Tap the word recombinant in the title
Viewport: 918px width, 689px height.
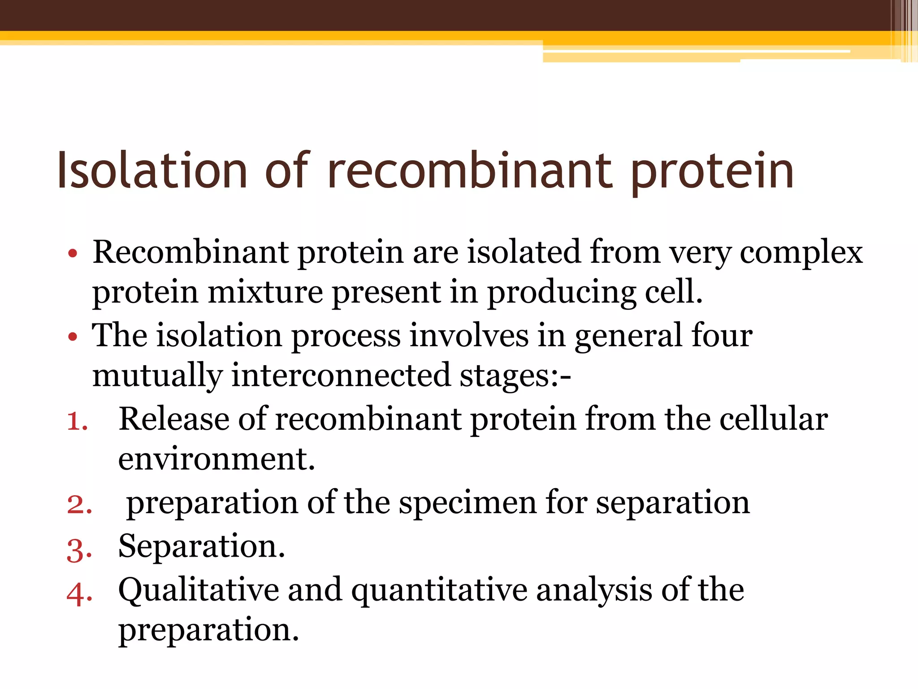(470, 170)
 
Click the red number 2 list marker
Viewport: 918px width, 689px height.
(79, 505)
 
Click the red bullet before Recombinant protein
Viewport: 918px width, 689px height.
(73, 254)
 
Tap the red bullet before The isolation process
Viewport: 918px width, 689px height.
(73, 337)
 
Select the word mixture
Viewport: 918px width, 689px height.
(265, 292)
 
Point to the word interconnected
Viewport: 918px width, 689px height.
(341, 375)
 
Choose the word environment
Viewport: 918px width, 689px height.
(216, 459)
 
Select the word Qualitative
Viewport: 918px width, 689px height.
(198, 590)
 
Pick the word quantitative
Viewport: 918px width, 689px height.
(439, 590)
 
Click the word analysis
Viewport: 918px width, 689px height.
(594, 590)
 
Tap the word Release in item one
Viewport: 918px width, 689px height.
(173, 419)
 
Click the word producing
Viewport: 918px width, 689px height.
(561, 292)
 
